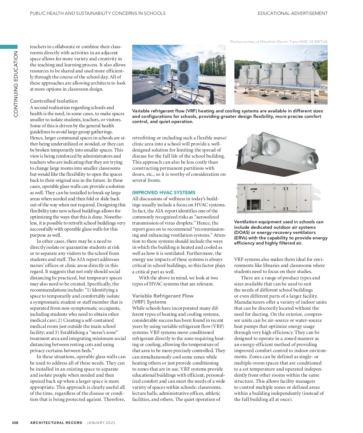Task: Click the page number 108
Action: tap(15, 423)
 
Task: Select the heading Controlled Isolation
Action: tap(54, 101)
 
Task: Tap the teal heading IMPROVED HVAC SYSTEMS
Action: tap(164, 192)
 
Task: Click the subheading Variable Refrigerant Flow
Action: tap(163, 296)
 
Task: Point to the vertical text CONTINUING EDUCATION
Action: tap(16, 84)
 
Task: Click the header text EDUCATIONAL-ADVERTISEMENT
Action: tap(293, 13)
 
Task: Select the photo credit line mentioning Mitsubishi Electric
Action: tap(279, 42)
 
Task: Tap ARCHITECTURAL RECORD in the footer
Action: tap(56, 423)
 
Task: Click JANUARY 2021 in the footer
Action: tap(101, 423)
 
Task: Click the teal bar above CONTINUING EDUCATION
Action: tap(9, 47)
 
